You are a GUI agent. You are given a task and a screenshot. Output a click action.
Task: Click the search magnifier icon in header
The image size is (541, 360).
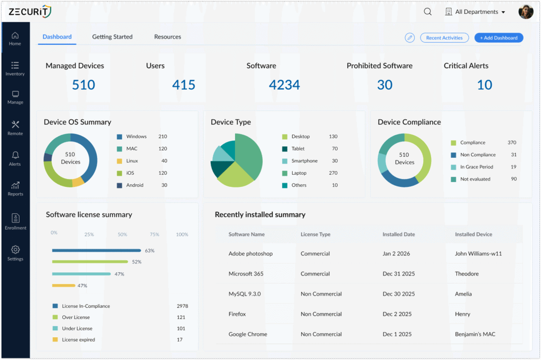point(427,12)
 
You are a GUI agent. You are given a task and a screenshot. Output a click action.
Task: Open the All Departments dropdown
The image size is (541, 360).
point(475,12)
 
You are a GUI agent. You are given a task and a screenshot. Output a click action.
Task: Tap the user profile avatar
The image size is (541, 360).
point(526,12)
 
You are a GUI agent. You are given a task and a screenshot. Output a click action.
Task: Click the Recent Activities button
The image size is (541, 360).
point(444,37)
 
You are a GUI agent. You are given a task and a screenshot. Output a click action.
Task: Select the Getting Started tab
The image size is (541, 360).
point(112,37)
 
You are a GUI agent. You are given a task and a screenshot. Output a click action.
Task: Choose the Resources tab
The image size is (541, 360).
point(167,37)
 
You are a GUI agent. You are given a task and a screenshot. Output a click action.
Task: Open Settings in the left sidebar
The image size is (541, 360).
point(15,253)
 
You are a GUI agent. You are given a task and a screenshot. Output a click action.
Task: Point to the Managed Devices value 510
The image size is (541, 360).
point(83,84)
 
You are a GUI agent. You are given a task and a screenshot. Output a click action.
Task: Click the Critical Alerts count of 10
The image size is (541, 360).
point(484,84)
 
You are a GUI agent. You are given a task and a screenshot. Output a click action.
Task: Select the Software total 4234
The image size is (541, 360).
point(284,84)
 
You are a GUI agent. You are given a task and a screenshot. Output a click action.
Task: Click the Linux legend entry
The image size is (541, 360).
point(132,161)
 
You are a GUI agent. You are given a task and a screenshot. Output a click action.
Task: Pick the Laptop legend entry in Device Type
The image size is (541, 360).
point(299,173)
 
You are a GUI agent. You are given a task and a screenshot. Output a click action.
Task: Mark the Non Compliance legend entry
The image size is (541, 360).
point(477,155)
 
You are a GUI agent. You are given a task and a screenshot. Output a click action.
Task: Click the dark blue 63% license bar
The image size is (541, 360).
point(96,250)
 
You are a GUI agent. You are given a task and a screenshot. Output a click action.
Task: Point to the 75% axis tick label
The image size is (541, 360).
point(154,234)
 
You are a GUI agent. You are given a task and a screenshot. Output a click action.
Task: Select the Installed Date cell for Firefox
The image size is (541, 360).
point(397,314)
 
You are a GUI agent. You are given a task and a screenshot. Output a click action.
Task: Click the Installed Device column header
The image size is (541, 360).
point(473,234)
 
